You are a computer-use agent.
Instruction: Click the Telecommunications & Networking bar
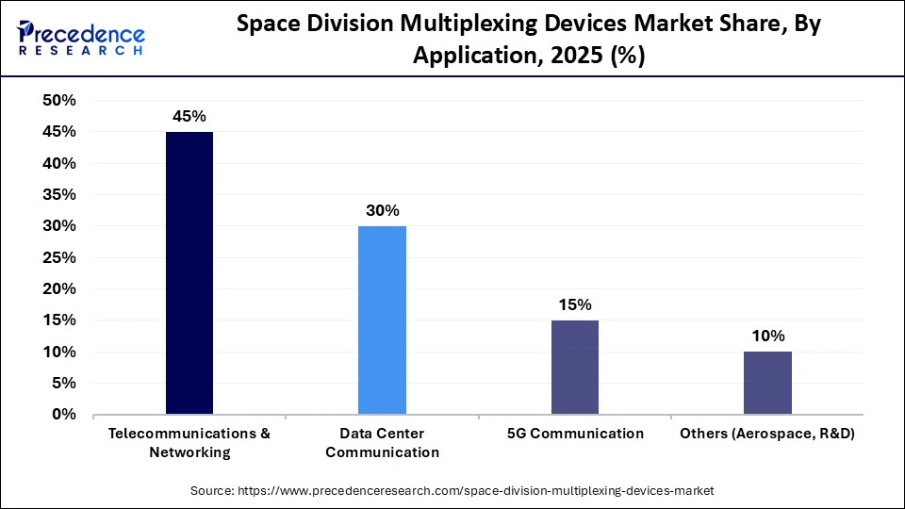pos(189,273)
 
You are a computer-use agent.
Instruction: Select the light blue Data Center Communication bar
pos(382,320)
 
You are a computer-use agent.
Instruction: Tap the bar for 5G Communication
pos(574,368)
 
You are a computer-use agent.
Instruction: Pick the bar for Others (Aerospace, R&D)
pos(767,383)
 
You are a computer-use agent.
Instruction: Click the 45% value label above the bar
pos(189,116)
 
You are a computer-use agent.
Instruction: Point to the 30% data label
pos(382,210)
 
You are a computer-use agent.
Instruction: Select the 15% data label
pos(574,304)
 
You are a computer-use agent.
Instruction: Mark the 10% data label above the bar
pos(767,336)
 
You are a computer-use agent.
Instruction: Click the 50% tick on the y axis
pos(59,101)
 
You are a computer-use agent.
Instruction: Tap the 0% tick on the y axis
pos(64,415)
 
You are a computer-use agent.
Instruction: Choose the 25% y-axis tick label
pos(59,257)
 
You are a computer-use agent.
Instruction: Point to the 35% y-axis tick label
pos(59,195)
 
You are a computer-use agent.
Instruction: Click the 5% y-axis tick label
pos(64,384)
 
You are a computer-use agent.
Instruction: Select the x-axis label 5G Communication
pos(574,434)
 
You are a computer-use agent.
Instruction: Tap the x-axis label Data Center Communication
pos(382,442)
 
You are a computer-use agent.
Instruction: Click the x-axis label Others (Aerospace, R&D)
pos(767,434)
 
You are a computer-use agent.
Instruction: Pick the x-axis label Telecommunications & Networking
pos(189,442)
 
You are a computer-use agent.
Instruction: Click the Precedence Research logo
pos(81,39)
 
